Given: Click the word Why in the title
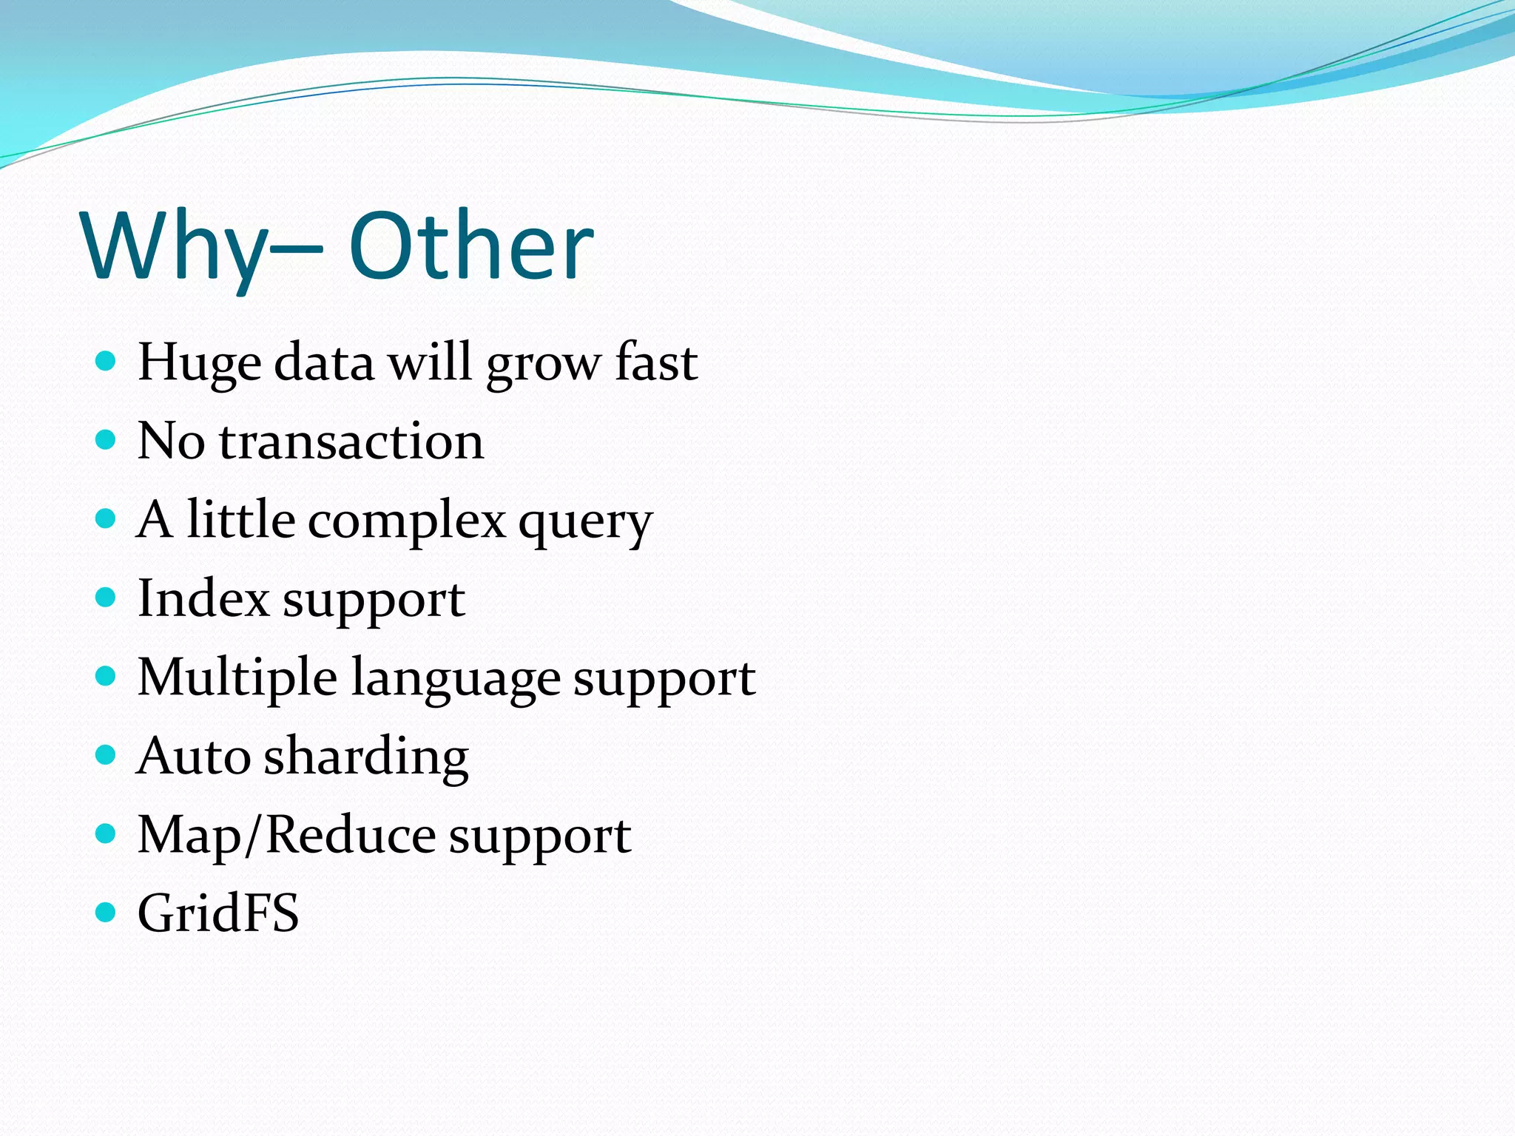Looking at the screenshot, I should point(174,248).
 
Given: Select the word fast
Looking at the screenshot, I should point(655,362).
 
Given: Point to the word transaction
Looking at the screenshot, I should point(351,442).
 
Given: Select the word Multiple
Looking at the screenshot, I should point(237,678).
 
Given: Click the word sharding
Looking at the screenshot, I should point(366,757).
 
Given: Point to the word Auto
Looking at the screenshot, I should point(194,757).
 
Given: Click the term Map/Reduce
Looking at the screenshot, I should point(286,836).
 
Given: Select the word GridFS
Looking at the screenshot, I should point(218,913).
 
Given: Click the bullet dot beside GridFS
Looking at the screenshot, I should point(107,912).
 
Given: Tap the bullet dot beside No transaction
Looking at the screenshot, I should point(107,440).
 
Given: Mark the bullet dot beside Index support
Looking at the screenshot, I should point(107,597).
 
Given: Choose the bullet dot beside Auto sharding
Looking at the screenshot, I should point(107,754).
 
